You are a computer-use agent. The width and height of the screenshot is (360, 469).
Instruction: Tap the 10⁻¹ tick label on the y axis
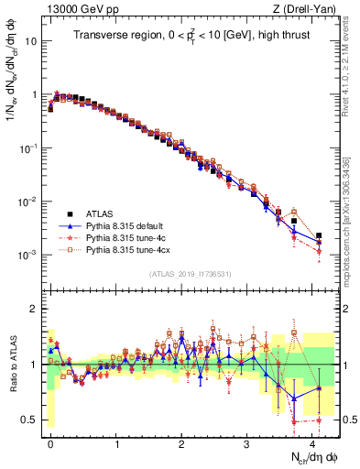coord(28,147)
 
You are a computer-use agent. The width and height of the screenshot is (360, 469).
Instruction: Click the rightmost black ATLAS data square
coord(319,235)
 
